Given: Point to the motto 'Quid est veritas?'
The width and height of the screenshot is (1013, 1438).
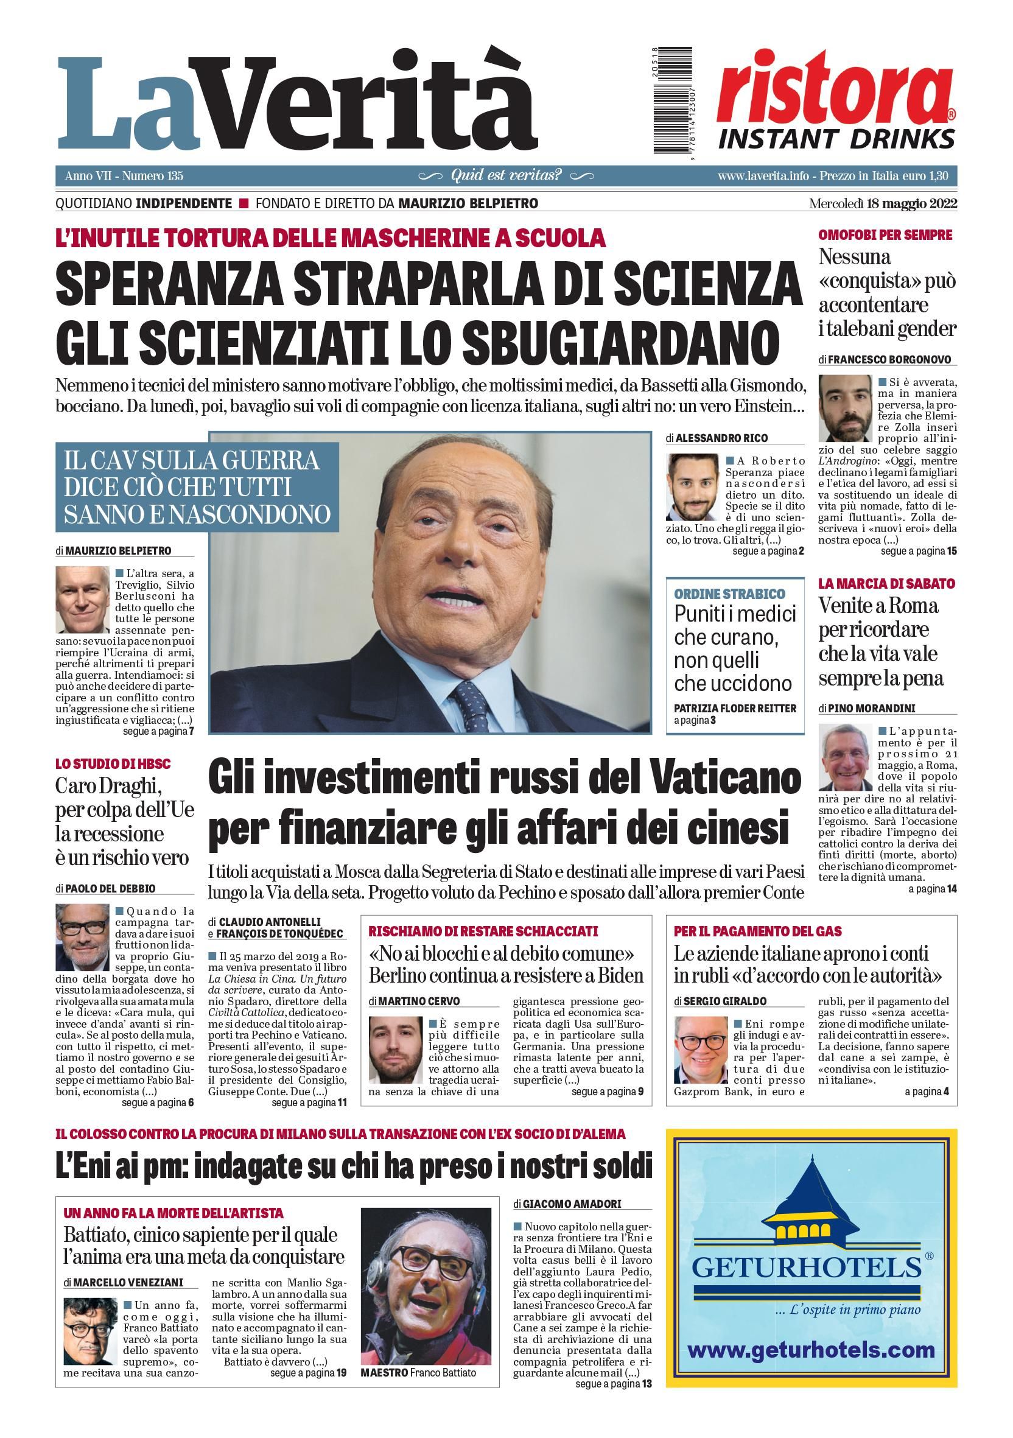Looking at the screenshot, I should pyautogui.click(x=506, y=175).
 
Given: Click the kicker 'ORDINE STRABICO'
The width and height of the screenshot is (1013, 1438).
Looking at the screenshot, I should pyautogui.click(x=729, y=593).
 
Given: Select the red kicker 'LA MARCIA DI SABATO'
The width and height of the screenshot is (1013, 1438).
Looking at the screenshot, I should pyautogui.click(x=886, y=583).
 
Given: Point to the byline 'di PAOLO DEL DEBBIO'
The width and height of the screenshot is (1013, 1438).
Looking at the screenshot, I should pyautogui.click(x=105, y=888).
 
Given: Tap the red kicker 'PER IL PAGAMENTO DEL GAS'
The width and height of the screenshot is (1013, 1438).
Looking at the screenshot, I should pyautogui.click(x=757, y=931).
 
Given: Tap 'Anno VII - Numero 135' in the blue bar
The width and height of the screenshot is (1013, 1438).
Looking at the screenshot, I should pyautogui.click(x=124, y=176).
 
